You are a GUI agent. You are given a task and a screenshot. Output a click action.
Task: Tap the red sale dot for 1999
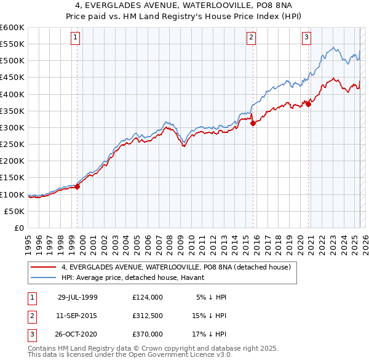(x=78, y=187)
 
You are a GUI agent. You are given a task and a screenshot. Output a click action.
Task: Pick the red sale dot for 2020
(x=309, y=104)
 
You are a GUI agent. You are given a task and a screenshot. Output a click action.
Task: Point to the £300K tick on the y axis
(x=12, y=127)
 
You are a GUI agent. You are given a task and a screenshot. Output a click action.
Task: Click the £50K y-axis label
(x=14, y=211)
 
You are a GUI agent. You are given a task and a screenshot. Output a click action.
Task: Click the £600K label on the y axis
(x=12, y=28)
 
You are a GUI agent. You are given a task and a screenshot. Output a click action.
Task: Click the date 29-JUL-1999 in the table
(x=77, y=297)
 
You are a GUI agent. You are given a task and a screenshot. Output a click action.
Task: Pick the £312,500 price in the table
(x=148, y=316)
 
